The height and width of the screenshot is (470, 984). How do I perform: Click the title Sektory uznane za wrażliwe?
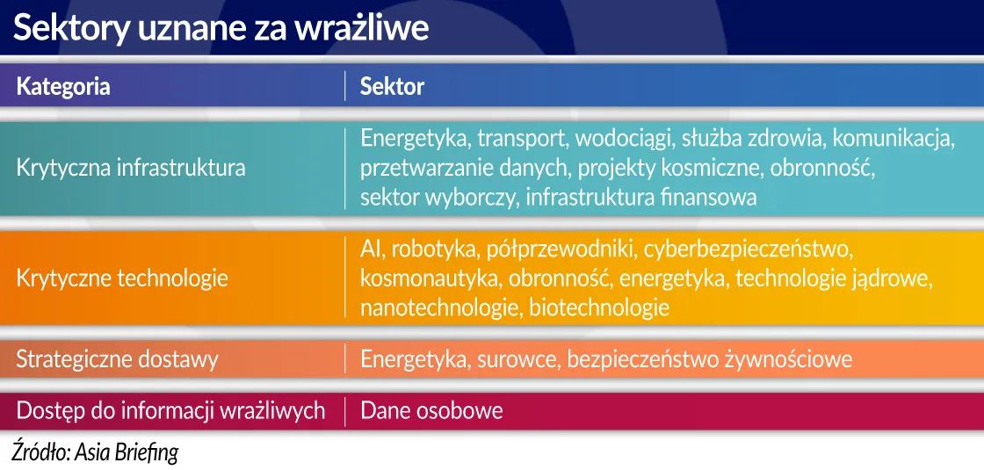coord(221,29)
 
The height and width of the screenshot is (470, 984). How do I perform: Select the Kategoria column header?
coord(63,86)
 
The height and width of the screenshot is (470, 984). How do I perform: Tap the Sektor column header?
coord(392,86)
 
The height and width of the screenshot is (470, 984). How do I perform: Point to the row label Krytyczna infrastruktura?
coord(131,167)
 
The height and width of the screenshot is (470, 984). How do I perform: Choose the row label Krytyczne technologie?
coord(122,278)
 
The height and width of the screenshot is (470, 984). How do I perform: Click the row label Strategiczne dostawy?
coord(117,358)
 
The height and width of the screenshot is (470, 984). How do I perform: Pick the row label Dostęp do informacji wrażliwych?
coord(170,410)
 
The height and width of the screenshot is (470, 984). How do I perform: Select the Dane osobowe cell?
coord(431,410)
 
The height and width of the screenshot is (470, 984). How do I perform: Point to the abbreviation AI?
coord(371,249)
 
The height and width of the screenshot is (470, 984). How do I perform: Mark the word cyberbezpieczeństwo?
coord(749,249)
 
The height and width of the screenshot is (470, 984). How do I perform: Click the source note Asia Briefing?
coord(127,452)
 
